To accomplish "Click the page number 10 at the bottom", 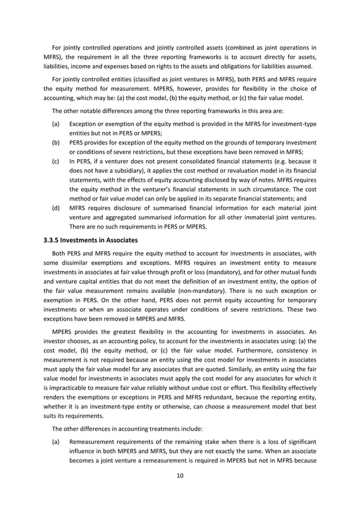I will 180,475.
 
